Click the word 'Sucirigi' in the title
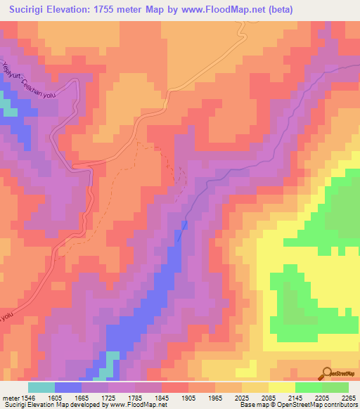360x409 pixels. pyautogui.click(x=32, y=10)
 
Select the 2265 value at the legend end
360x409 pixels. pyautogui.click(x=347, y=398)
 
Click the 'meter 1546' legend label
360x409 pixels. pyautogui.click(x=16, y=398)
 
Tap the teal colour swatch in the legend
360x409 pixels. pyautogui.click(x=41, y=387)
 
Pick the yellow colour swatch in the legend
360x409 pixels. pyautogui.click(x=281, y=387)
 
